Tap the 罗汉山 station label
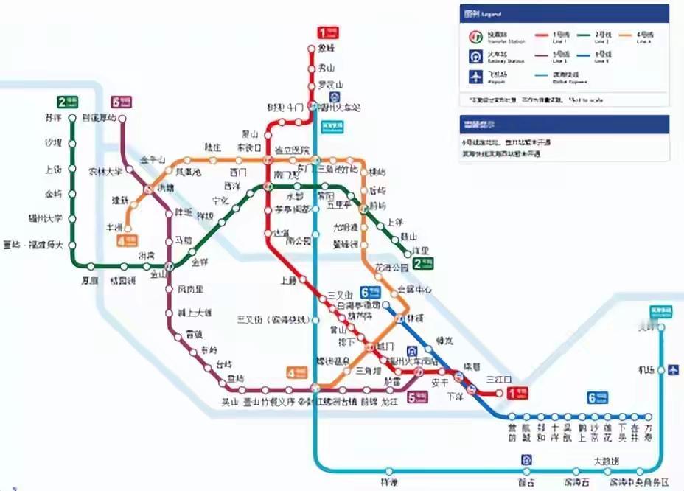pyautogui.click(x=327, y=85)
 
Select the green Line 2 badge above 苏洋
pyautogui.click(x=67, y=102)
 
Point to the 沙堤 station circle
pyautogui.click(x=73, y=143)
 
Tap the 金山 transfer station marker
pyautogui.click(x=170, y=265)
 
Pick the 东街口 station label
pyautogui.click(x=248, y=147)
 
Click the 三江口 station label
pyautogui.click(x=498, y=379)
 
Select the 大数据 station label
pyautogui.click(x=607, y=461)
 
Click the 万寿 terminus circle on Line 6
pyautogui.click(x=648, y=417)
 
